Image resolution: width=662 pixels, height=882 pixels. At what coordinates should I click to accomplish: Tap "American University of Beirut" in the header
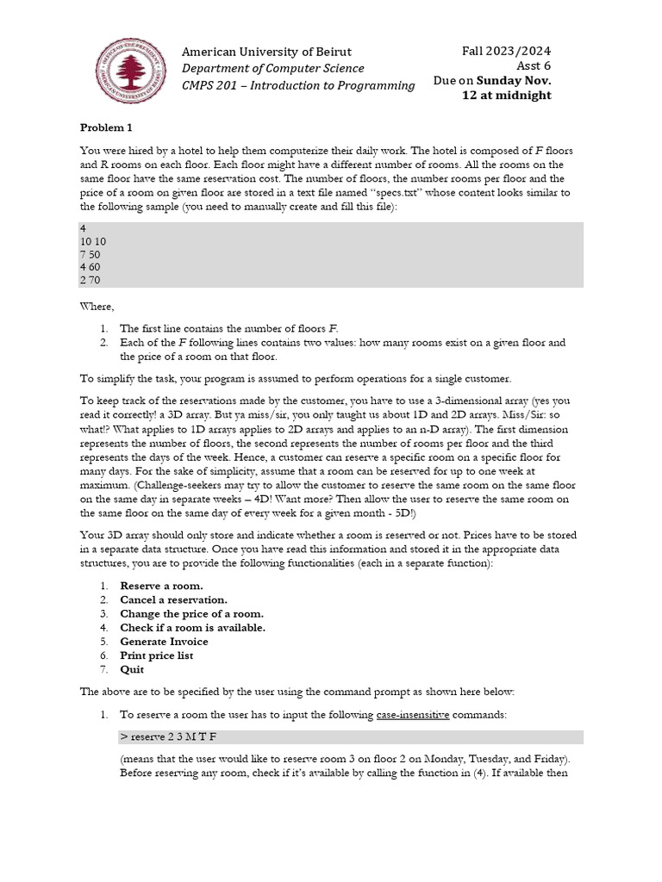266,53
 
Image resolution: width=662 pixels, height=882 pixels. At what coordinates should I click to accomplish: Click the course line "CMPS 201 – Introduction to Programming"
298,84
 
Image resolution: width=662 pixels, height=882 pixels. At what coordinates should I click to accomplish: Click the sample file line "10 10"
92,242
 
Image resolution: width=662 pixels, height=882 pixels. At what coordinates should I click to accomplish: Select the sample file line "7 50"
90,255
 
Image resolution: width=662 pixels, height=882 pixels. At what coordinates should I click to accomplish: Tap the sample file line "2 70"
90,280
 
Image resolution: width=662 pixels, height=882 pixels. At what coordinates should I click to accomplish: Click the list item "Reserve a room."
162,586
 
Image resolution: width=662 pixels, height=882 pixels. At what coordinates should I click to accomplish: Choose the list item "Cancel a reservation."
174,599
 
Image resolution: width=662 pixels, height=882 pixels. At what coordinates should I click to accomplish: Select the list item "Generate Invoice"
164,642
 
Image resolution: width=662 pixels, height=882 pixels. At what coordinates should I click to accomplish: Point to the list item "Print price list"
157,655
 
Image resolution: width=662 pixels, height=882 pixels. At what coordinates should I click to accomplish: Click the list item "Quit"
132,669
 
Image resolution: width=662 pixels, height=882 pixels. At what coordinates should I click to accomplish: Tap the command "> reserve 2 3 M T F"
174,737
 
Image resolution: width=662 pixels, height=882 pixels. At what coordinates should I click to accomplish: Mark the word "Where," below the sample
97,306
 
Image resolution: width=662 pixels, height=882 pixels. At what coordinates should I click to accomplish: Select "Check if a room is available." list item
193,628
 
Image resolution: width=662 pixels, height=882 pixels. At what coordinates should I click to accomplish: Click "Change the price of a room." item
192,613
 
